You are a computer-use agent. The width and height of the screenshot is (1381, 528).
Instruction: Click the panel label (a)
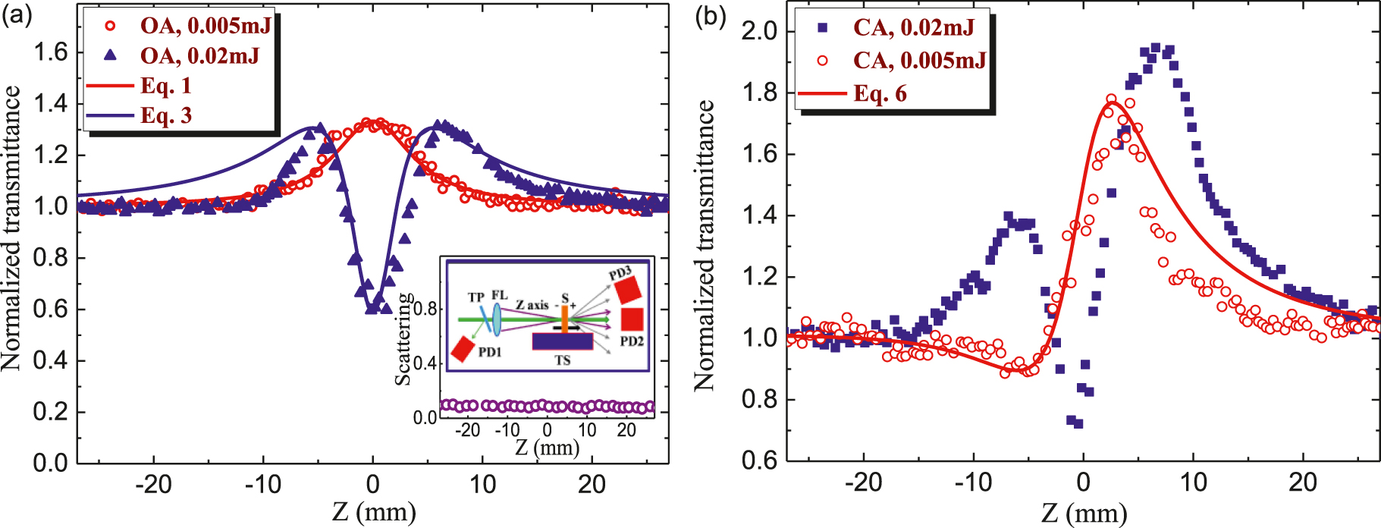point(17,16)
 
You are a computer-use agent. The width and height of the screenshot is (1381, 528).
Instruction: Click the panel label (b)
point(711,16)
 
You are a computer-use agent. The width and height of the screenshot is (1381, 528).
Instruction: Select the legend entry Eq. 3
point(166,116)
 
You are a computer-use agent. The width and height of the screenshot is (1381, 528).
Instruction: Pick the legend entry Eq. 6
point(880,94)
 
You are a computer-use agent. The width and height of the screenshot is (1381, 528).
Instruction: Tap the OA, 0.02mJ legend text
point(199,56)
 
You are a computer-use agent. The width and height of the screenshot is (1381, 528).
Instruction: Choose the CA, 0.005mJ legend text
point(919,61)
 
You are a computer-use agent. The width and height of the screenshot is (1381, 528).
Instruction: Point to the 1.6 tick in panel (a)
point(50,52)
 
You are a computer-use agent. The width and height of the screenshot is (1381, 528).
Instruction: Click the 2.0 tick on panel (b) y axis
point(759,31)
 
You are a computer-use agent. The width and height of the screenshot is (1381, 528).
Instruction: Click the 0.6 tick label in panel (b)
point(759,460)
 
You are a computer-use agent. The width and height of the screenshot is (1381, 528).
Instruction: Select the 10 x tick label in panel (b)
point(1193,482)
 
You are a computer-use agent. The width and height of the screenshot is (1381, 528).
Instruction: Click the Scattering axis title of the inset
point(404,339)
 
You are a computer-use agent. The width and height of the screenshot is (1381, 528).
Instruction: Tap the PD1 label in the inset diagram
point(490,352)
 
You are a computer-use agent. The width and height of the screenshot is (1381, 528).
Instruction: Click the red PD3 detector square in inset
point(628,290)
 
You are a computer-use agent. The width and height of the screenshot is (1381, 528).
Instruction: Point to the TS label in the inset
point(562,360)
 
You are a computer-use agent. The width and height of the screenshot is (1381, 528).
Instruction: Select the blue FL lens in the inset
point(497,319)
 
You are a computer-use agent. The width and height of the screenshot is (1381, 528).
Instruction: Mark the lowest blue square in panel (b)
point(1078,423)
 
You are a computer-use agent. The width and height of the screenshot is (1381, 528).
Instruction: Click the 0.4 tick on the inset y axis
point(428,363)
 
